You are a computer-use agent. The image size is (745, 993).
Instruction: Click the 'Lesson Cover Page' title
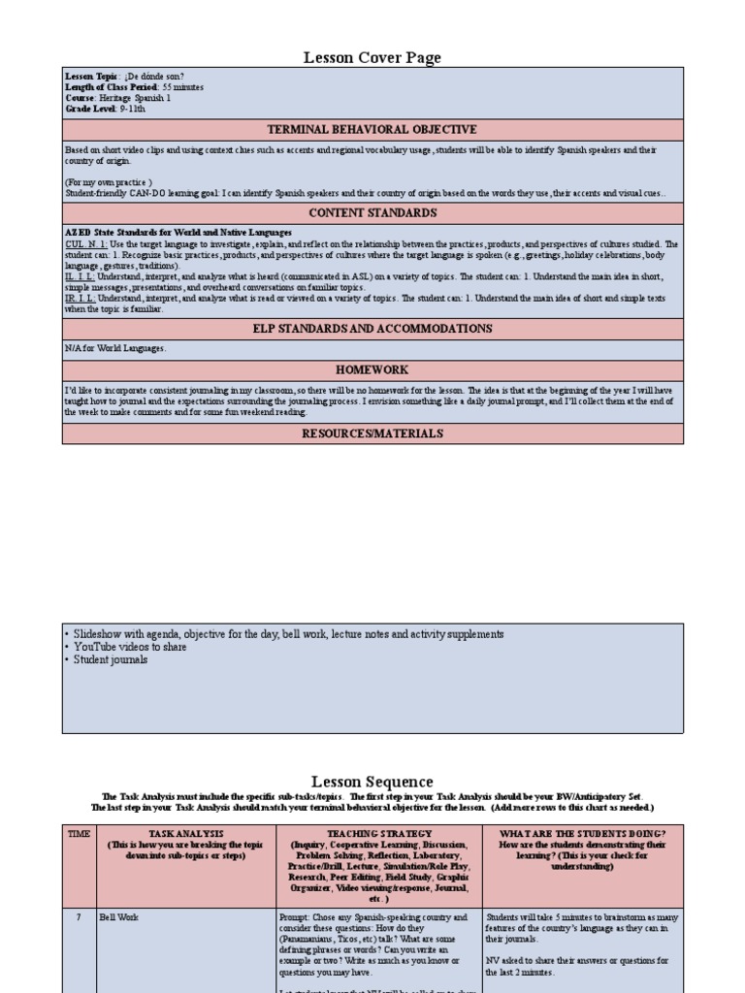(x=372, y=58)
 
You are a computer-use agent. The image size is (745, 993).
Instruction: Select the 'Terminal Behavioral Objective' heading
(x=372, y=129)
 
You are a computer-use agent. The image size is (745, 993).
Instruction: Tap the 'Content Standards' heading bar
(x=372, y=212)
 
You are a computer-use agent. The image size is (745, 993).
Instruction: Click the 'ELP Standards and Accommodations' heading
(x=372, y=329)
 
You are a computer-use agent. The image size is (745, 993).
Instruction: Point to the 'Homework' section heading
(x=372, y=369)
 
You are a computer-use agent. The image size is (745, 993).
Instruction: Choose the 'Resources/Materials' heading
(x=372, y=433)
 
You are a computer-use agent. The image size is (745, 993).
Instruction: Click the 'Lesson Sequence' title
(x=372, y=782)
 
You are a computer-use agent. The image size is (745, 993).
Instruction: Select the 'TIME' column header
(x=78, y=833)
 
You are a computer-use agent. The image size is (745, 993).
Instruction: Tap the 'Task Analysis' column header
(x=185, y=833)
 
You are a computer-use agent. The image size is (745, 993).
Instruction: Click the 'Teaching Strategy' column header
(x=379, y=833)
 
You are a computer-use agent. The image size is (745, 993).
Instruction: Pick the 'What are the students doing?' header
(x=582, y=833)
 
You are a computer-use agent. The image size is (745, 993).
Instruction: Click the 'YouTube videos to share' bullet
(x=129, y=647)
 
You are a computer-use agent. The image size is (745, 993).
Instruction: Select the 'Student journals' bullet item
(x=112, y=660)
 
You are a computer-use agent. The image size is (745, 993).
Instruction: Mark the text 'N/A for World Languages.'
(x=114, y=347)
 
